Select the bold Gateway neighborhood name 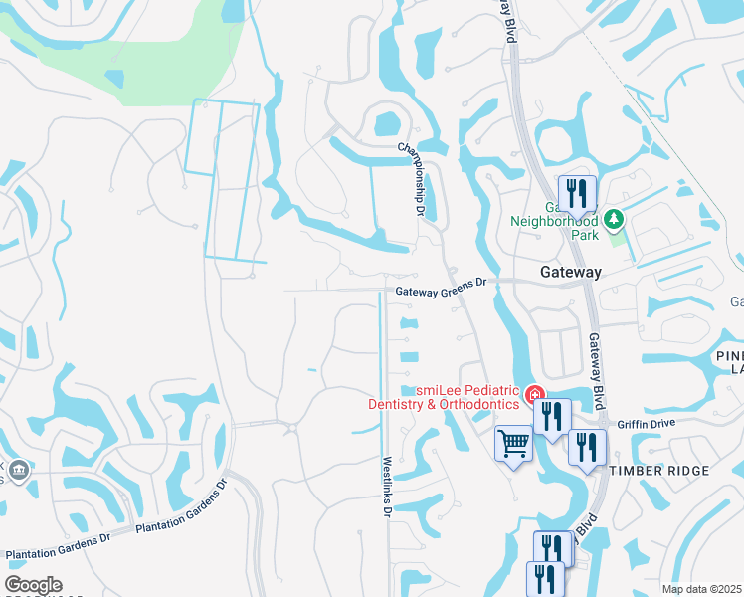[570, 272]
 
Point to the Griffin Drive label [646, 423]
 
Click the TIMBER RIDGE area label [659, 471]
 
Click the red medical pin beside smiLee [534, 396]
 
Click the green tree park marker [614, 219]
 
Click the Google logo [33, 585]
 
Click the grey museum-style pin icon [19, 469]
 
